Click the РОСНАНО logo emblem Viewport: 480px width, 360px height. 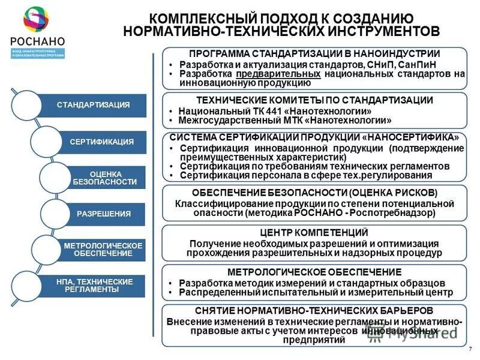[x=36, y=20]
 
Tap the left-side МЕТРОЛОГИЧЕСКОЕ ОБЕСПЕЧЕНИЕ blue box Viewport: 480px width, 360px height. [x=102, y=250]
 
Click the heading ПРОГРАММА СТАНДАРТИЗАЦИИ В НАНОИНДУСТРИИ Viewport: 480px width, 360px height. [x=314, y=53]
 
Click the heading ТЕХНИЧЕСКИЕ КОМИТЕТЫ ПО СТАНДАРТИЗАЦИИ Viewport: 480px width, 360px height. [x=314, y=100]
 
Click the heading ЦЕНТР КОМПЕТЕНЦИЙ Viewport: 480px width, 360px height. [x=314, y=233]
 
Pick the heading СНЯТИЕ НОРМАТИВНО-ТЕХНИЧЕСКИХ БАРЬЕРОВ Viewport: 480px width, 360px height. [x=314, y=311]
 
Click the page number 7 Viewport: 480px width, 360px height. [x=469, y=349]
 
